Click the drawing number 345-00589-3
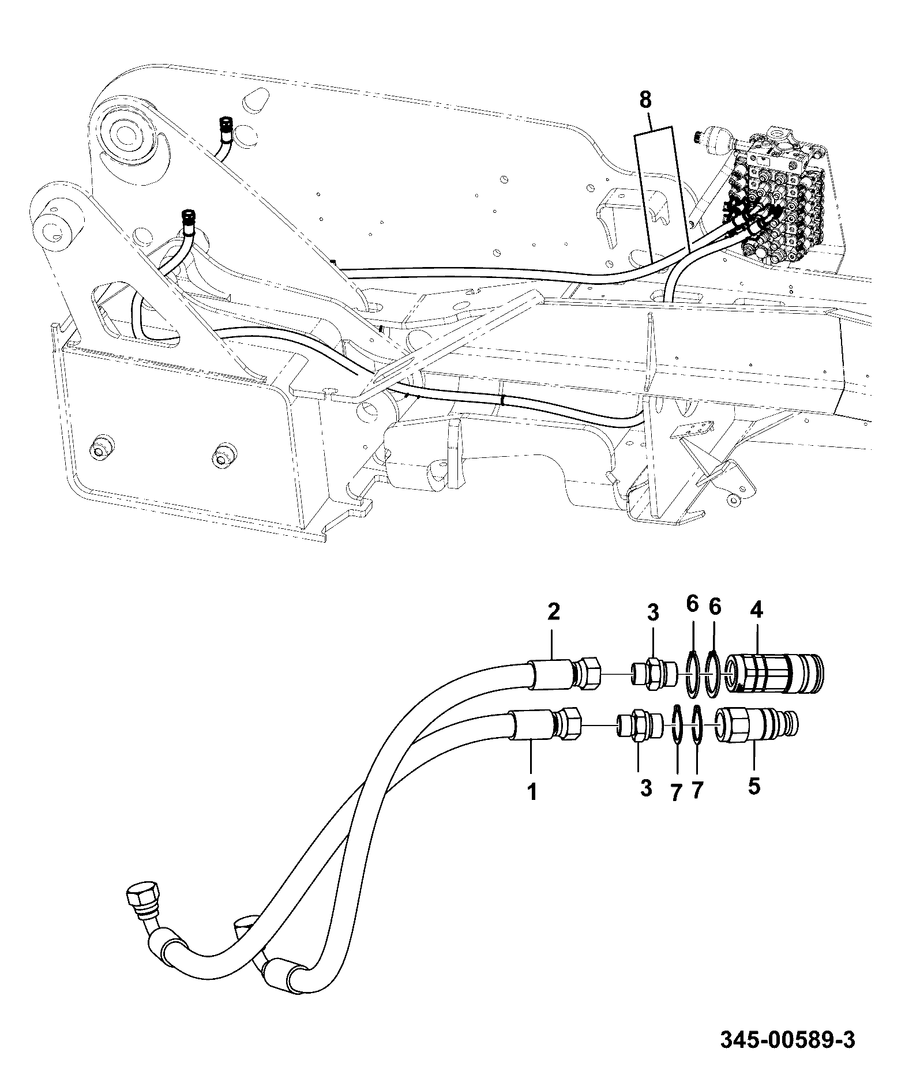click(787, 1041)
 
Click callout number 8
click(645, 100)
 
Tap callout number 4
click(756, 610)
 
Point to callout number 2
click(553, 611)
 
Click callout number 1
click(532, 792)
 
